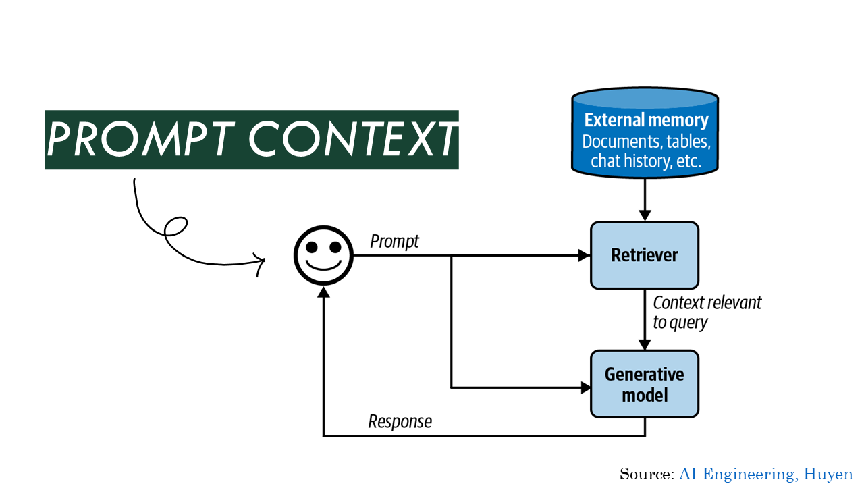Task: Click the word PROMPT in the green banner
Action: tap(141, 139)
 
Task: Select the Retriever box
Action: tap(645, 255)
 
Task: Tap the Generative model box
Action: tap(645, 384)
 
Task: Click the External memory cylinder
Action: tap(645, 133)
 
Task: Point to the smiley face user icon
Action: tap(323, 255)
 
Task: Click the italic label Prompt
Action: tap(394, 242)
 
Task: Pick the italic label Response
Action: tap(400, 422)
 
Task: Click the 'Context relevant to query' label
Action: tap(707, 313)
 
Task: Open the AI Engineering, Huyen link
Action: tap(765, 474)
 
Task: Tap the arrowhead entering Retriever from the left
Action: tap(585, 255)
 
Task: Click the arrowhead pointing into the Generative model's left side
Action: tap(586, 387)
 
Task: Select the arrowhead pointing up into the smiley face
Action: tap(323, 292)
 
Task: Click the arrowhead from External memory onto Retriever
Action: tap(645, 215)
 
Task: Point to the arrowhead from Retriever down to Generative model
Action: tap(645, 344)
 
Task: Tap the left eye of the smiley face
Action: tap(312, 247)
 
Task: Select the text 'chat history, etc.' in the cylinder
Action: tap(646, 161)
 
